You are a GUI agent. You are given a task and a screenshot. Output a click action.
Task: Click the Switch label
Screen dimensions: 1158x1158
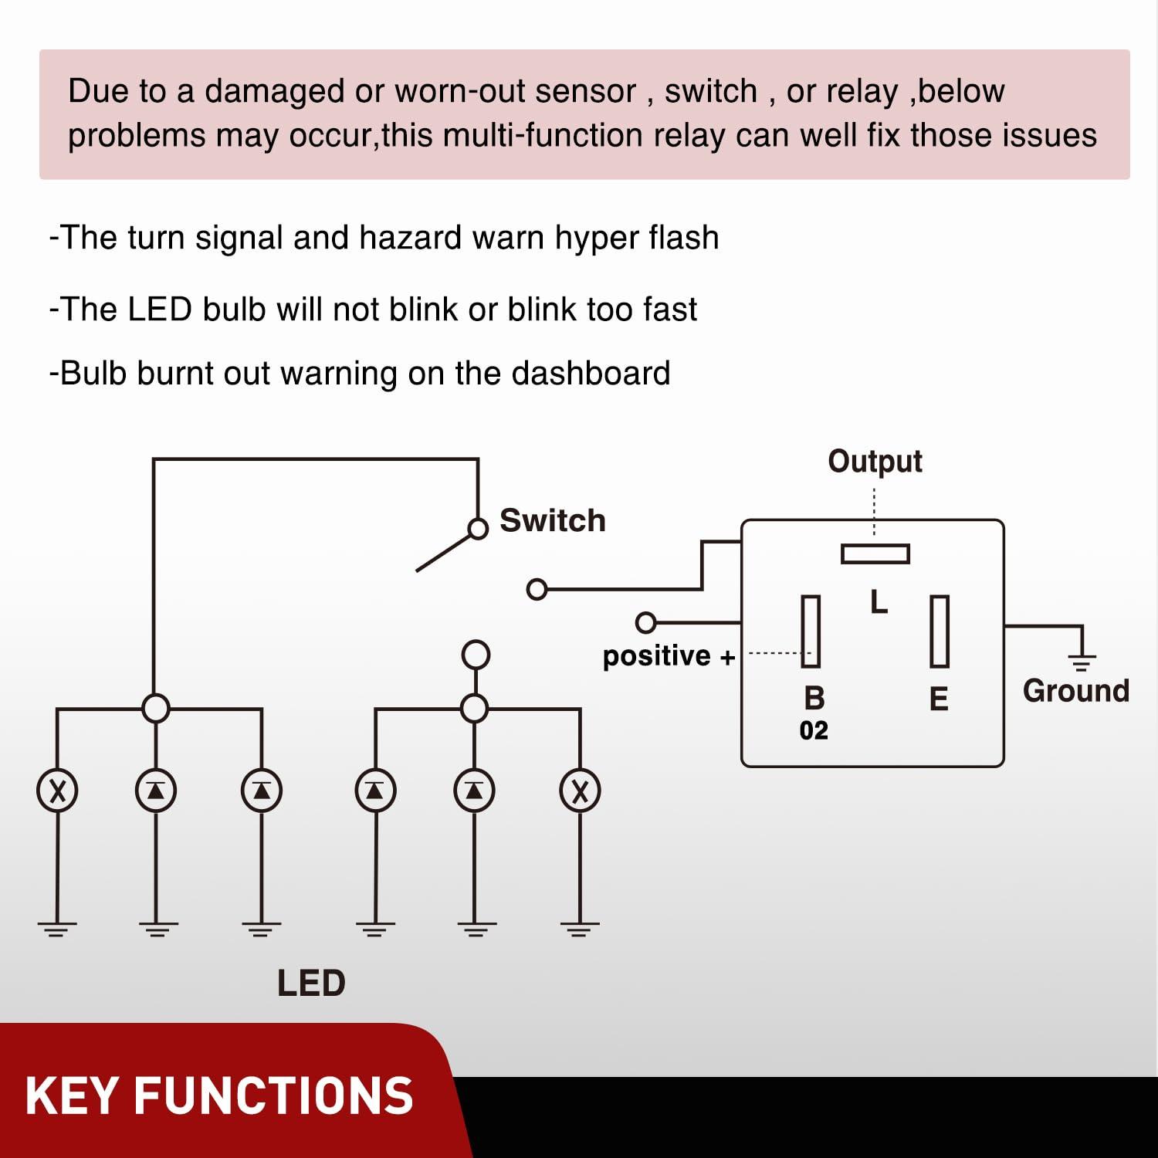click(552, 521)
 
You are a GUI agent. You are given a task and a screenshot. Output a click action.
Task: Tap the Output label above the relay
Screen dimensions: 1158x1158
click(875, 462)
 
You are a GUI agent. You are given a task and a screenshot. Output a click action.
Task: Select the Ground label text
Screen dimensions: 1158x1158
click(1075, 691)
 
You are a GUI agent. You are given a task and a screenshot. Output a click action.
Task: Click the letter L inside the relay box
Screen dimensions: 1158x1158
click(879, 602)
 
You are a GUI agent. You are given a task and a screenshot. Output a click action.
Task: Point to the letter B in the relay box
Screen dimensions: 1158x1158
click(814, 698)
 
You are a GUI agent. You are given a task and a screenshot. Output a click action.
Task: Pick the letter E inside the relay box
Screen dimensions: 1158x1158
click(939, 699)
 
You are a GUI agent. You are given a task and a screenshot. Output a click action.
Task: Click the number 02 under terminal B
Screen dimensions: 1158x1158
click(814, 730)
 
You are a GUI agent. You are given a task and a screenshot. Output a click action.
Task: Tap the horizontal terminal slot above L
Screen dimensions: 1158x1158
click(875, 554)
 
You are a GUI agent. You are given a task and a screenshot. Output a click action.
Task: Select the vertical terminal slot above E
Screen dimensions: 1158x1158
click(939, 631)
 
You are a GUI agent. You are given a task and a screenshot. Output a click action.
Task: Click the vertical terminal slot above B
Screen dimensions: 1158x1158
click(811, 631)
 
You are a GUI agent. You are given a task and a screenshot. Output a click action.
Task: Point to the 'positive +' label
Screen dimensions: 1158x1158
click(669, 656)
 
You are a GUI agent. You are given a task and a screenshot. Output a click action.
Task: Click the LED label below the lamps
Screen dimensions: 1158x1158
click(311, 984)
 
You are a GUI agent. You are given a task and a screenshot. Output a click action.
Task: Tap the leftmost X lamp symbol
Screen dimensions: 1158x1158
click(57, 791)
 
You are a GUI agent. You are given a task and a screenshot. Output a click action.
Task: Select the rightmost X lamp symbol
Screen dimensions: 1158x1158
click(580, 791)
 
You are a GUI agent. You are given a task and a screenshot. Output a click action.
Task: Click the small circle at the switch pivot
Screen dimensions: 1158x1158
click(479, 529)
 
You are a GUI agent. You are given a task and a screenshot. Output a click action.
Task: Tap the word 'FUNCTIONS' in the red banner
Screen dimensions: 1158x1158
click(273, 1096)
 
